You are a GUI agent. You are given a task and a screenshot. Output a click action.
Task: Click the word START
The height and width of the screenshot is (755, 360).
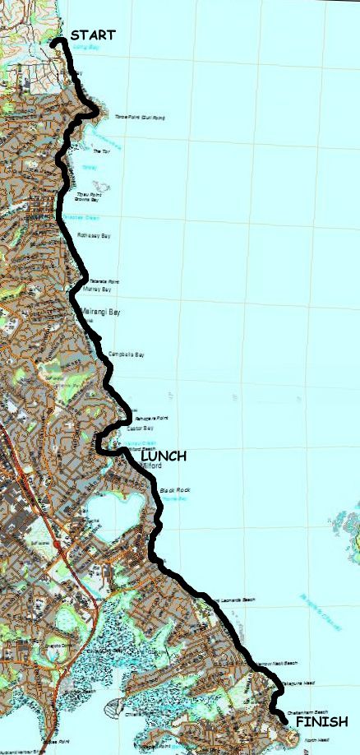tap(93, 35)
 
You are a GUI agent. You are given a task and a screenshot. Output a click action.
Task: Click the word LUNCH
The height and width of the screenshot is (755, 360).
tap(164, 456)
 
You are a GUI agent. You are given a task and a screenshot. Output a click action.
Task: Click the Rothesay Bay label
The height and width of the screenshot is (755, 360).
tap(93, 235)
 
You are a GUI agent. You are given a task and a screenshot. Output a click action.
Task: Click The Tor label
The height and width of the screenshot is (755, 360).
tap(101, 151)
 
